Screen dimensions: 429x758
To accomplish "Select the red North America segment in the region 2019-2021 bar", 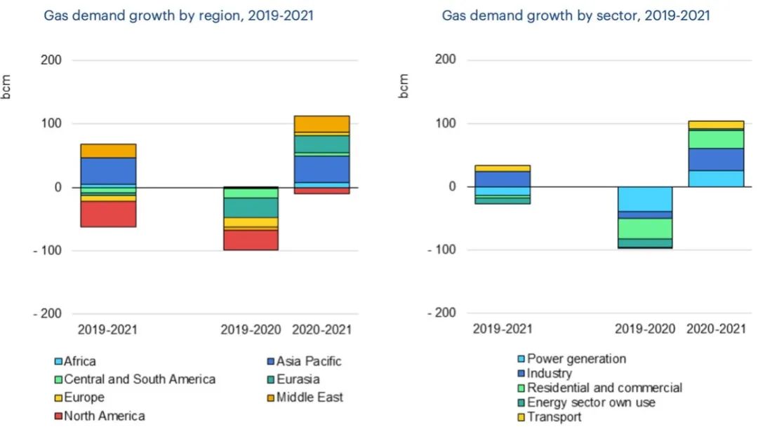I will click(108, 214).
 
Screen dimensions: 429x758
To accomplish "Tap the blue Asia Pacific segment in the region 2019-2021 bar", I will click(108, 171).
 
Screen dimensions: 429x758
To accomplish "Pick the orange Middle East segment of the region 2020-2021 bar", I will click(321, 124).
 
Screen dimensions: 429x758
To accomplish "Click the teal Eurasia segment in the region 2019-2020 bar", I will click(251, 207).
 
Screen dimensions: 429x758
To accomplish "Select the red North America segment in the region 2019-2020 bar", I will click(251, 240).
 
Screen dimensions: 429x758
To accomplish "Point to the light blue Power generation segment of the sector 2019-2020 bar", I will click(645, 199).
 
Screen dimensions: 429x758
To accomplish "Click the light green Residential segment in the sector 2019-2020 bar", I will click(645, 229).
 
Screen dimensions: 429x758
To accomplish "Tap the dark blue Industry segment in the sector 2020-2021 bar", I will click(715, 159).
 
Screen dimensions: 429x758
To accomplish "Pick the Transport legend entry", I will click(554, 417).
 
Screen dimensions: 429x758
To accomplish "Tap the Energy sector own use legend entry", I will click(591, 402).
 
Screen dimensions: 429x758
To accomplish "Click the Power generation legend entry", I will click(576, 359).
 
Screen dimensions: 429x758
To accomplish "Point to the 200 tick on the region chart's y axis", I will click(61, 60).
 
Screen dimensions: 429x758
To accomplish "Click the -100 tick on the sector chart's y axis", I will click(454, 250).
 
